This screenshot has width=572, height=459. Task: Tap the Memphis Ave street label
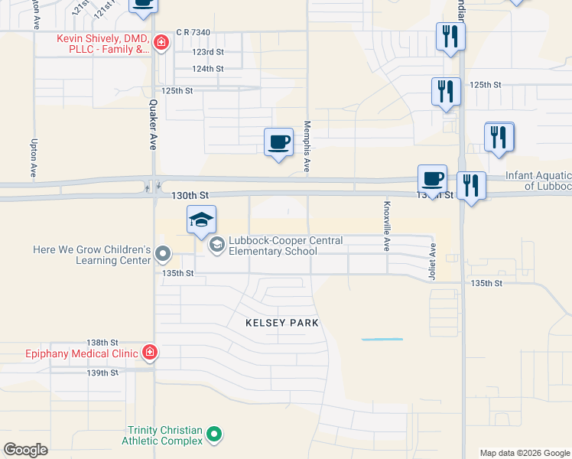click(x=307, y=145)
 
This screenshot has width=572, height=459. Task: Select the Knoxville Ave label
click(x=387, y=226)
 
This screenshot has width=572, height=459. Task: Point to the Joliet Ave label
click(x=433, y=262)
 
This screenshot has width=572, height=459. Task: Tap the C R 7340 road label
click(x=192, y=32)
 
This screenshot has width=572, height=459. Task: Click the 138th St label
click(x=102, y=343)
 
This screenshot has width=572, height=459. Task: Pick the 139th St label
click(x=102, y=373)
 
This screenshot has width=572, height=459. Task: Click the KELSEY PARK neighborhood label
click(x=281, y=323)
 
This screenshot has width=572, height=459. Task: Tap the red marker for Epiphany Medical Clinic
click(x=150, y=353)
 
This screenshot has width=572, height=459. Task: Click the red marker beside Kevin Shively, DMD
click(x=161, y=43)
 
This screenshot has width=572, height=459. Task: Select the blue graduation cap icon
click(x=202, y=220)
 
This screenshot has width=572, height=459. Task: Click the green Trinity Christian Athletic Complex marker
click(x=216, y=435)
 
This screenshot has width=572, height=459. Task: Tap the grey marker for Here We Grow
click(x=162, y=252)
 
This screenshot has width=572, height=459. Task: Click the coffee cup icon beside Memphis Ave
click(x=278, y=142)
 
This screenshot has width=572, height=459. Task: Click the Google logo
click(x=26, y=450)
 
